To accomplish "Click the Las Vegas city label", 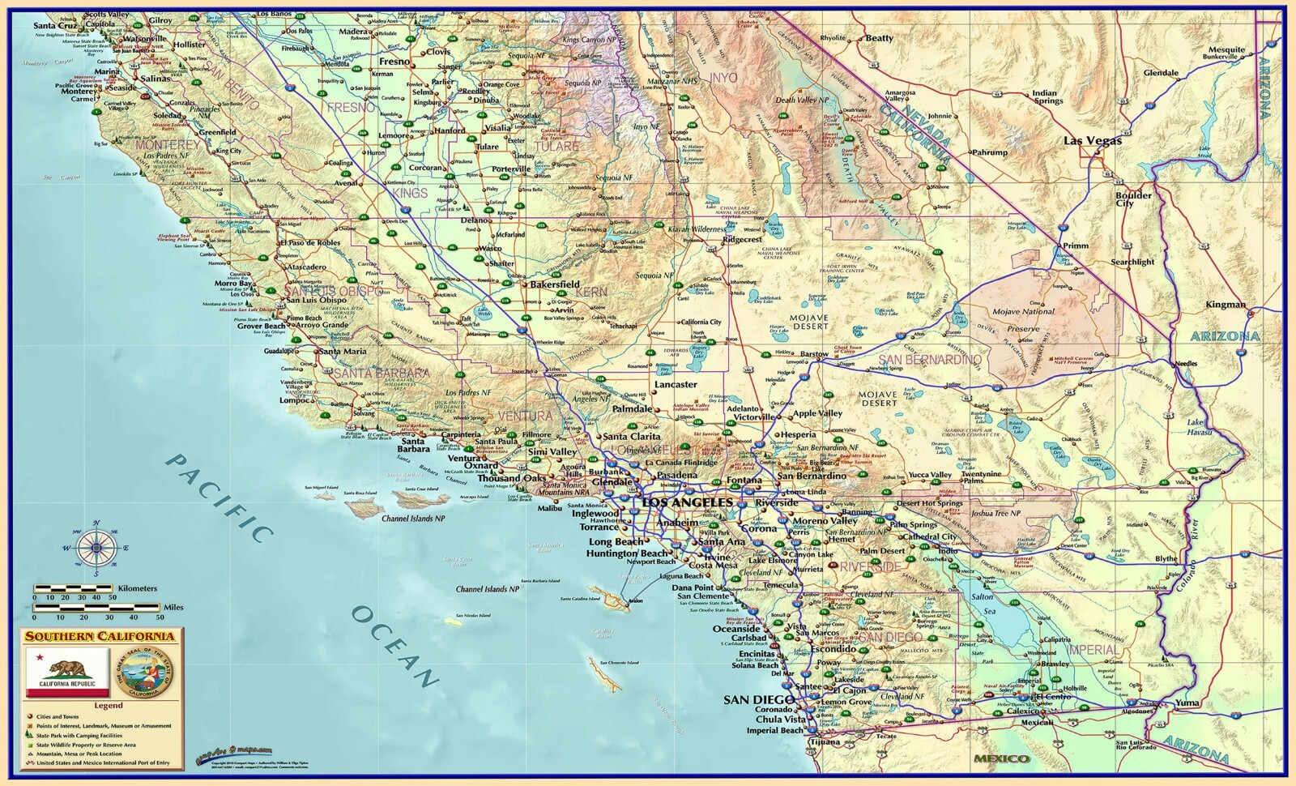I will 1092,141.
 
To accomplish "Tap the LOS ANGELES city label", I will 686,502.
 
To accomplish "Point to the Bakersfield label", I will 555,284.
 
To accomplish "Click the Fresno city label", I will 394,62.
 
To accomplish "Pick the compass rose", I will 96,549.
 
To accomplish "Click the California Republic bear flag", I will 68,673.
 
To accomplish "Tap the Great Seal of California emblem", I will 147,673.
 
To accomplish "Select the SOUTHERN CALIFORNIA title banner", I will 100,637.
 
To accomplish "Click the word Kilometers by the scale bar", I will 137,588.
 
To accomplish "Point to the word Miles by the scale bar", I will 173,607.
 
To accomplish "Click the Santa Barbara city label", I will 413,445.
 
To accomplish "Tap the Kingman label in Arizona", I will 1226,305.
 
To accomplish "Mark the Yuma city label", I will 1187,703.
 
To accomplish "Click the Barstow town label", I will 814,354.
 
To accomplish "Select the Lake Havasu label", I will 1200,427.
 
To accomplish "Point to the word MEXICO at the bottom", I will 1001,759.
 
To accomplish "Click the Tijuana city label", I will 802,742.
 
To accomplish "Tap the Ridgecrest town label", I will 743,240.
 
